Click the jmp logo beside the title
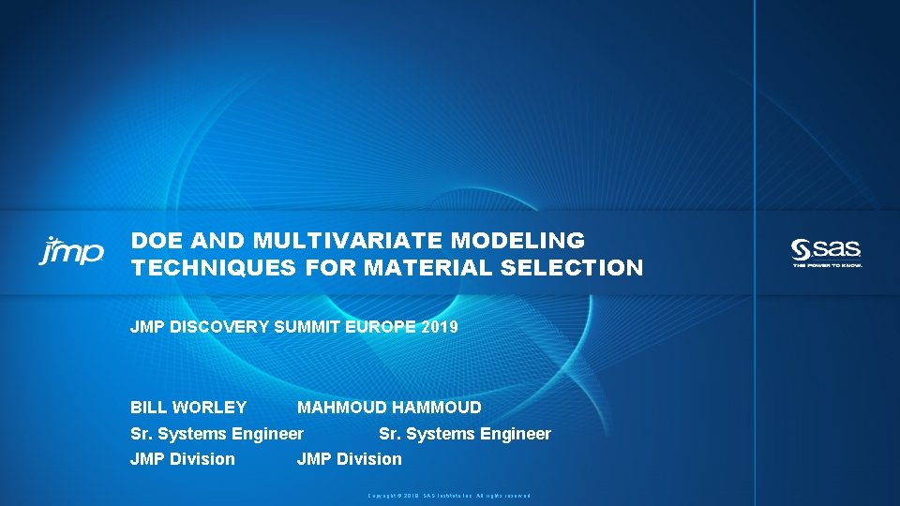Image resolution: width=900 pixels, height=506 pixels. point(71,250)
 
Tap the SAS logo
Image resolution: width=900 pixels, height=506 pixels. point(826,249)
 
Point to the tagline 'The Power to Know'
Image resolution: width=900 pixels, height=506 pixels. point(827,265)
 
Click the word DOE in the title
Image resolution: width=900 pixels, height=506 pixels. point(151,241)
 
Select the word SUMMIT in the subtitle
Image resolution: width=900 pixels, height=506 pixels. point(312,327)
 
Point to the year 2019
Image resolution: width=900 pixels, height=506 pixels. point(440,327)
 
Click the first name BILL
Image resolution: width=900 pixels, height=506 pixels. point(149,408)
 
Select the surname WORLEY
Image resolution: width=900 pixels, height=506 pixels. point(210,408)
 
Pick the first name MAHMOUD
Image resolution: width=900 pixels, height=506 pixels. point(342,408)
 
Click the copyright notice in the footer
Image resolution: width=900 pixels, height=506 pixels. point(449,495)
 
